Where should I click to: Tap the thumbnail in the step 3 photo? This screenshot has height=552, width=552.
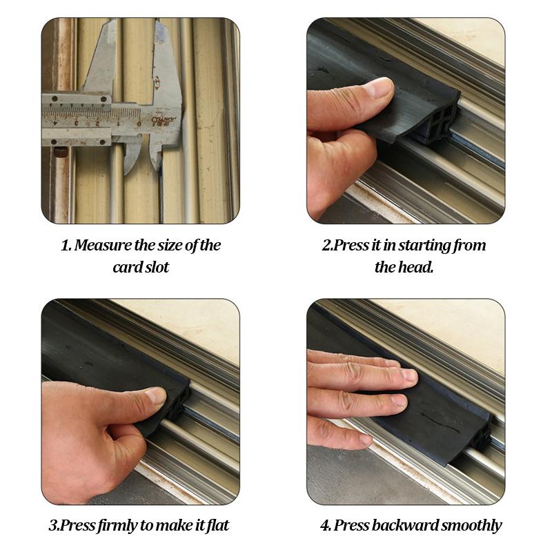pos(156,395)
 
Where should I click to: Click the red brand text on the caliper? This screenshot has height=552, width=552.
pos(164,120)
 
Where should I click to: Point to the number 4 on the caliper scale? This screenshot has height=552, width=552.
pos(55,124)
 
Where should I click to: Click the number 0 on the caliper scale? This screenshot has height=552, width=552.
pos(139,124)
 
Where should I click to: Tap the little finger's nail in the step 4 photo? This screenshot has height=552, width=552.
pos(366,439)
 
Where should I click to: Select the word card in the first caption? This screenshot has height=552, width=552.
pos(124,267)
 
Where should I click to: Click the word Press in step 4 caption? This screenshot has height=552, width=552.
pos(351,526)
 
